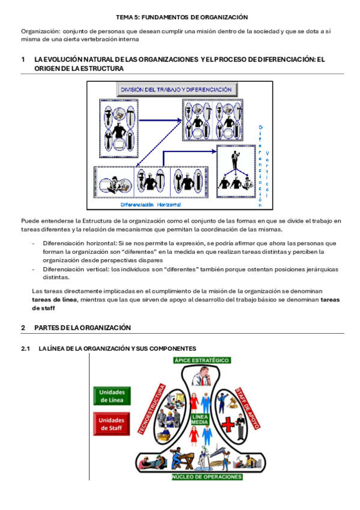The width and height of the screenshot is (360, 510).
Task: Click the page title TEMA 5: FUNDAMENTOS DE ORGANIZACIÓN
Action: click(x=182, y=17)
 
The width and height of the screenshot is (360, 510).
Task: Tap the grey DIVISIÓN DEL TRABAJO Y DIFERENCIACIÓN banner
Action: click(x=177, y=90)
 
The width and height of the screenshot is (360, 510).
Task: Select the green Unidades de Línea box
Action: click(x=112, y=396)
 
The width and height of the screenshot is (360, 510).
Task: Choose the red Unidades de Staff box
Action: click(x=111, y=424)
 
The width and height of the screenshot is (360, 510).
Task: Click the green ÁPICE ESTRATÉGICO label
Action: click(x=202, y=360)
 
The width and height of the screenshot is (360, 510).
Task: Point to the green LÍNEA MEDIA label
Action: click(x=200, y=419)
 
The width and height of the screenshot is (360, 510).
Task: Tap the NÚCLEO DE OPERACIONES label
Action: click(x=207, y=477)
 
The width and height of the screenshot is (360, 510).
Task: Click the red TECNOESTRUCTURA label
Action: click(x=151, y=409)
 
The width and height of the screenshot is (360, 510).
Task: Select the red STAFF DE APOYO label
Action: click(x=247, y=408)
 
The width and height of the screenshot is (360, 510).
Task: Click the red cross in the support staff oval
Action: click(x=228, y=425)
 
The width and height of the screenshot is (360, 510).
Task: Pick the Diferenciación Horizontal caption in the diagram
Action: click(x=150, y=204)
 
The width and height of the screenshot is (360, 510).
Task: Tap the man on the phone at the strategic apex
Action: click(x=202, y=376)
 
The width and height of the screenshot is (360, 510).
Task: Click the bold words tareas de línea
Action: click(x=55, y=300)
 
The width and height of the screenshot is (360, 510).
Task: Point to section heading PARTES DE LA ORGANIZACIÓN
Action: click(x=82, y=328)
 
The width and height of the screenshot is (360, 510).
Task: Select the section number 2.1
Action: click(x=25, y=348)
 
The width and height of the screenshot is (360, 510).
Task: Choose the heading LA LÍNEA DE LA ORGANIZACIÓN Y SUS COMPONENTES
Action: click(x=117, y=348)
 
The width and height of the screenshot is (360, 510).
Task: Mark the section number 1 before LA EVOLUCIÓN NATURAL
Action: click(x=23, y=59)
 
